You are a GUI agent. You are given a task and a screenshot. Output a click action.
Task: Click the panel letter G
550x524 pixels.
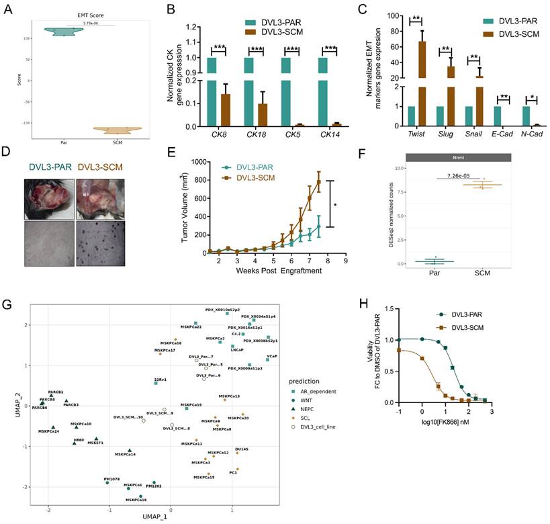click(7, 305)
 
